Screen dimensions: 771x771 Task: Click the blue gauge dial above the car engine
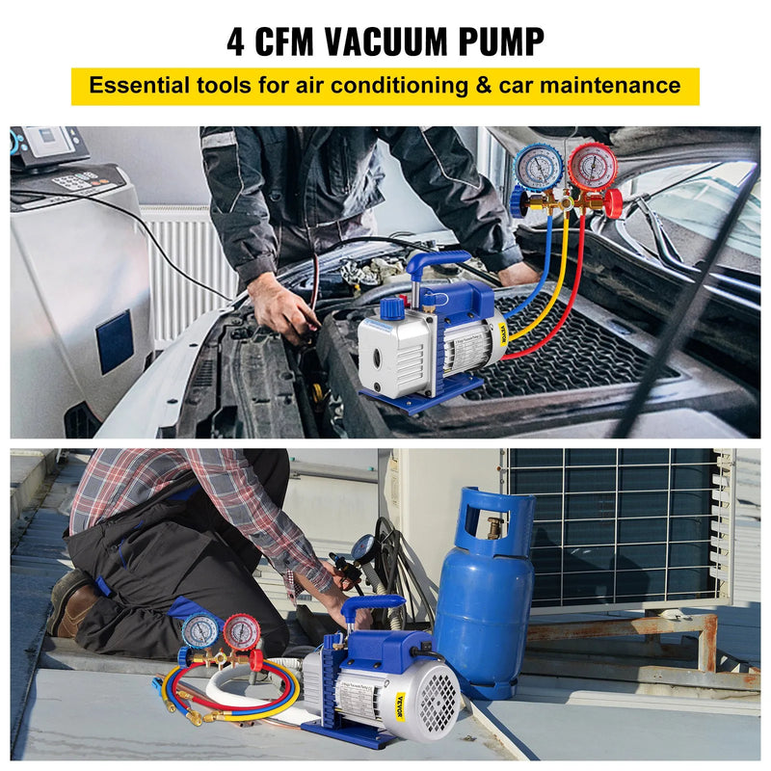click(x=539, y=166)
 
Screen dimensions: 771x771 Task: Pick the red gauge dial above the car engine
click(x=593, y=166)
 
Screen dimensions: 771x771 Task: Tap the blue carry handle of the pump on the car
click(x=438, y=262)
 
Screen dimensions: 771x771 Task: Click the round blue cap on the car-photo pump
click(x=391, y=308)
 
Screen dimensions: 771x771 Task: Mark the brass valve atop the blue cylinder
click(x=494, y=527)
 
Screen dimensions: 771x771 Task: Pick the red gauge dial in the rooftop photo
click(x=241, y=632)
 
